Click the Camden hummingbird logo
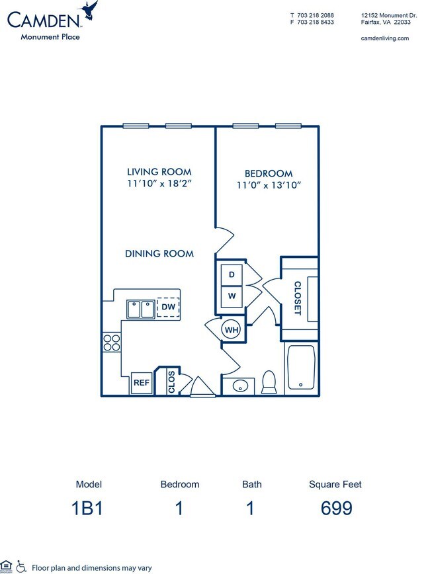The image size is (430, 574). (88, 11)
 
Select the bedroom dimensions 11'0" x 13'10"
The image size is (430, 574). (269, 185)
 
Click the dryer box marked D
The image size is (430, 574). (232, 274)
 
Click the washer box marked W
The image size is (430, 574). (232, 296)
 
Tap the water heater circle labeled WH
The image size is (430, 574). (232, 329)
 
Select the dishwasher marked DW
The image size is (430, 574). (168, 307)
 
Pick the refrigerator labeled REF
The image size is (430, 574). (142, 382)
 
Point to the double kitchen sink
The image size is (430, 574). (141, 309)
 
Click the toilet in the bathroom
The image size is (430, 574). (269, 381)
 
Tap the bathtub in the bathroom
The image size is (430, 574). (302, 368)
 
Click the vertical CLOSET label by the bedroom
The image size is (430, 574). (296, 298)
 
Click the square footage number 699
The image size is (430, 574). (335, 509)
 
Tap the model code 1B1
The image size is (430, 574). (89, 509)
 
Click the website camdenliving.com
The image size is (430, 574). (385, 38)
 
